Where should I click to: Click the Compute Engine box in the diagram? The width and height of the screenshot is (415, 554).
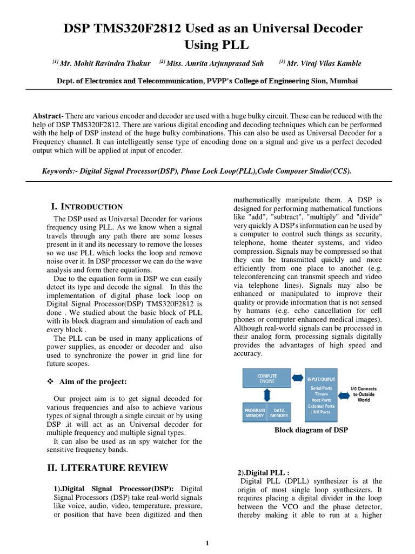click(267, 378)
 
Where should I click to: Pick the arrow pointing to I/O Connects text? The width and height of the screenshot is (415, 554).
click(347, 393)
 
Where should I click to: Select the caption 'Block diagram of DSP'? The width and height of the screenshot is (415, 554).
click(311, 430)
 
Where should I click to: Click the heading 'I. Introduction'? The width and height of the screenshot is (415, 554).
click(87, 207)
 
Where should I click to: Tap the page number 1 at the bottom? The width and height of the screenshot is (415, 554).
click(207, 543)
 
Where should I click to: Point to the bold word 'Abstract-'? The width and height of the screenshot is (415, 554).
click(48, 116)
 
